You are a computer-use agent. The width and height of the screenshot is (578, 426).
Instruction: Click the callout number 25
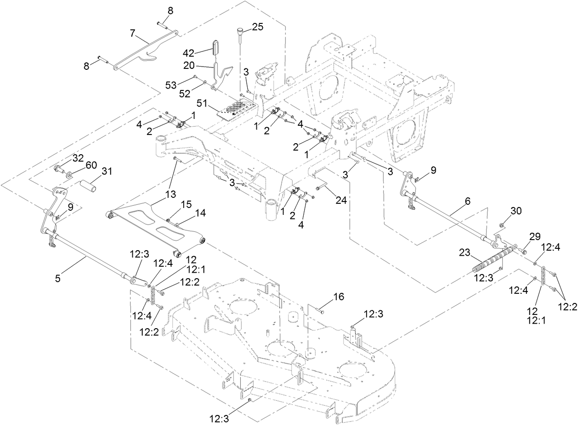pyautogui.click(x=258, y=27)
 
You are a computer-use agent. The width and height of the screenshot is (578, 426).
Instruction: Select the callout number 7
pyautogui.click(x=133, y=34)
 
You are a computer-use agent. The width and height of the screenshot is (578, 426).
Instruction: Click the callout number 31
pyautogui.click(x=107, y=171)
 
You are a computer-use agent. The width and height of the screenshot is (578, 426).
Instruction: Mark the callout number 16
pyautogui.click(x=338, y=297)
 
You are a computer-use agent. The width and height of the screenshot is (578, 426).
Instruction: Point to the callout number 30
pyautogui.click(x=516, y=211)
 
